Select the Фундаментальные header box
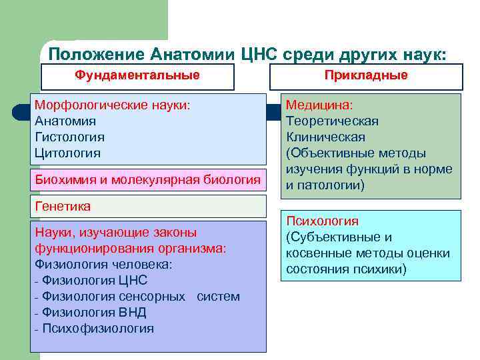pyautogui.click(x=137, y=75)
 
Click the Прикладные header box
pyautogui.click(x=366, y=75)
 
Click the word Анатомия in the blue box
pyautogui.click(x=65, y=121)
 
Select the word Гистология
pyautogui.click(x=69, y=137)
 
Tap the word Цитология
pyautogui.click(x=67, y=153)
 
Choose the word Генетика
pyautogui.click(x=63, y=207)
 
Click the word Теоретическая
pyautogui.click(x=332, y=121)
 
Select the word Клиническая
pyautogui.click(x=325, y=137)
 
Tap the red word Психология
pyautogui.click(x=322, y=221)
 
